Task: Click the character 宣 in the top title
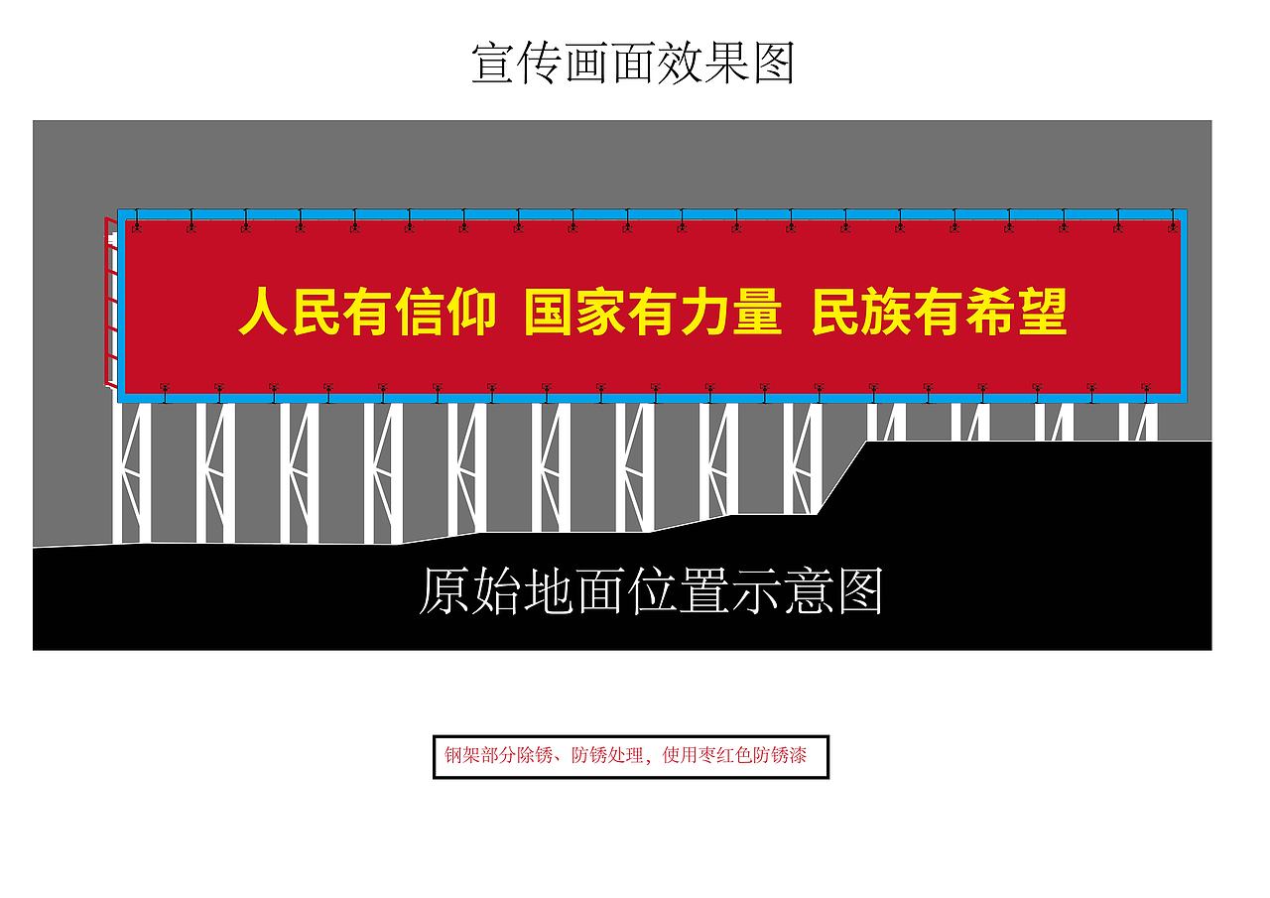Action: click(x=494, y=64)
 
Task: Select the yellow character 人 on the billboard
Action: click(x=263, y=313)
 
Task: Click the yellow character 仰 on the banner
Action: click(x=469, y=313)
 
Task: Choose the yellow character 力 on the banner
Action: click(x=704, y=313)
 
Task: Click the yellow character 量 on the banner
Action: click(x=756, y=313)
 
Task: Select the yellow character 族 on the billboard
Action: click(x=888, y=313)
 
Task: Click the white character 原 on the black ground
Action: click(x=443, y=592)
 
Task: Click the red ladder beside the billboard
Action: click(x=109, y=298)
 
